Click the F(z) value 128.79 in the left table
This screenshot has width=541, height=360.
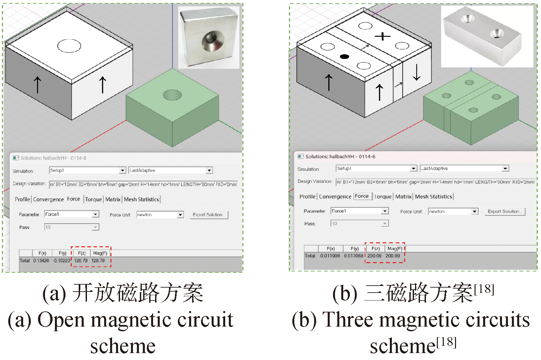(x=81, y=260)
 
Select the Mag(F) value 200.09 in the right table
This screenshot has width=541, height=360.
(x=393, y=256)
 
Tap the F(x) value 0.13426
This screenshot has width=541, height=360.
(x=41, y=260)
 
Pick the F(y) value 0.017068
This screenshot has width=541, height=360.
(x=354, y=256)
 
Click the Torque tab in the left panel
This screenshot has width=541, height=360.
(x=94, y=199)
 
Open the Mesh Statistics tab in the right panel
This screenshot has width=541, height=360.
(x=433, y=196)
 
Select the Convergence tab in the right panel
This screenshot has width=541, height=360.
(x=335, y=196)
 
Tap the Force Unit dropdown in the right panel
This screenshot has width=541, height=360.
(x=453, y=211)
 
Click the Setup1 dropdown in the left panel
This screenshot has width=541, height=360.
(x=87, y=170)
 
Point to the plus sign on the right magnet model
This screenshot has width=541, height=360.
(x=383, y=36)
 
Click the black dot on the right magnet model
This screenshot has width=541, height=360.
(x=344, y=57)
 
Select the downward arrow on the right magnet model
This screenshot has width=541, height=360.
(x=417, y=72)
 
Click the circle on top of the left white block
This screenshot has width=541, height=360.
(x=69, y=46)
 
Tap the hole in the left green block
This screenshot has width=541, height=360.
(x=172, y=95)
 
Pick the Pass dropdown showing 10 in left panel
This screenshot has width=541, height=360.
(x=71, y=227)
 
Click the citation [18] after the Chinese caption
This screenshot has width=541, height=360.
(x=484, y=289)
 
